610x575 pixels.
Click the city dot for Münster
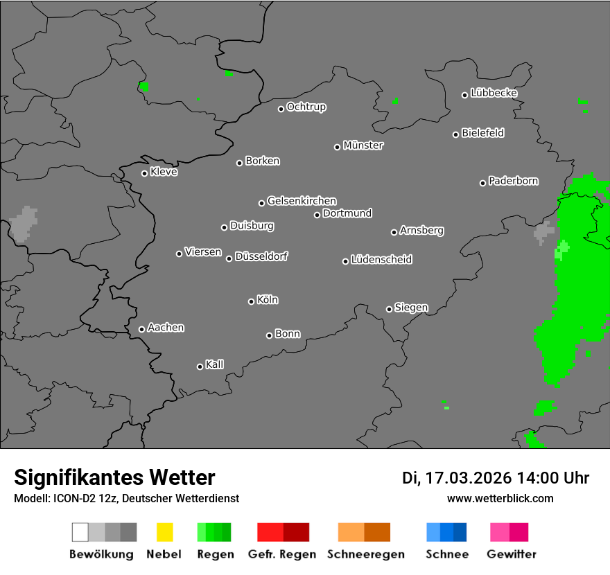(337, 147)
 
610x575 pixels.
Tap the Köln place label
(268, 300)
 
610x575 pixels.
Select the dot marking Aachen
(141, 329)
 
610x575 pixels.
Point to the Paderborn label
(513, 181)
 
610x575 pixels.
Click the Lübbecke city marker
(465, 95)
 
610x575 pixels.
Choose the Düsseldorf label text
(261, 256)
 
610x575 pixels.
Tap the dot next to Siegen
(389, 309)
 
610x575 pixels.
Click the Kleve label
(164, 172)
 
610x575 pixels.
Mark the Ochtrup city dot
(281, 109)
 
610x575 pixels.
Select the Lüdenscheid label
(381, 260)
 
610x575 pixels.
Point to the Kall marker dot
(200, 366)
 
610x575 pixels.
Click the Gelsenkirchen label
(302, 201)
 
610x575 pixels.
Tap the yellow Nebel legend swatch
(164, 532)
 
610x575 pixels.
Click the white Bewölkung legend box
(80, 532)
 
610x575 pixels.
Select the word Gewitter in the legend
(512, 554)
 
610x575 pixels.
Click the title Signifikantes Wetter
(114, 477)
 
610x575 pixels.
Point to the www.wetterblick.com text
(500, 498)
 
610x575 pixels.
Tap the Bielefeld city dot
(456, 134)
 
